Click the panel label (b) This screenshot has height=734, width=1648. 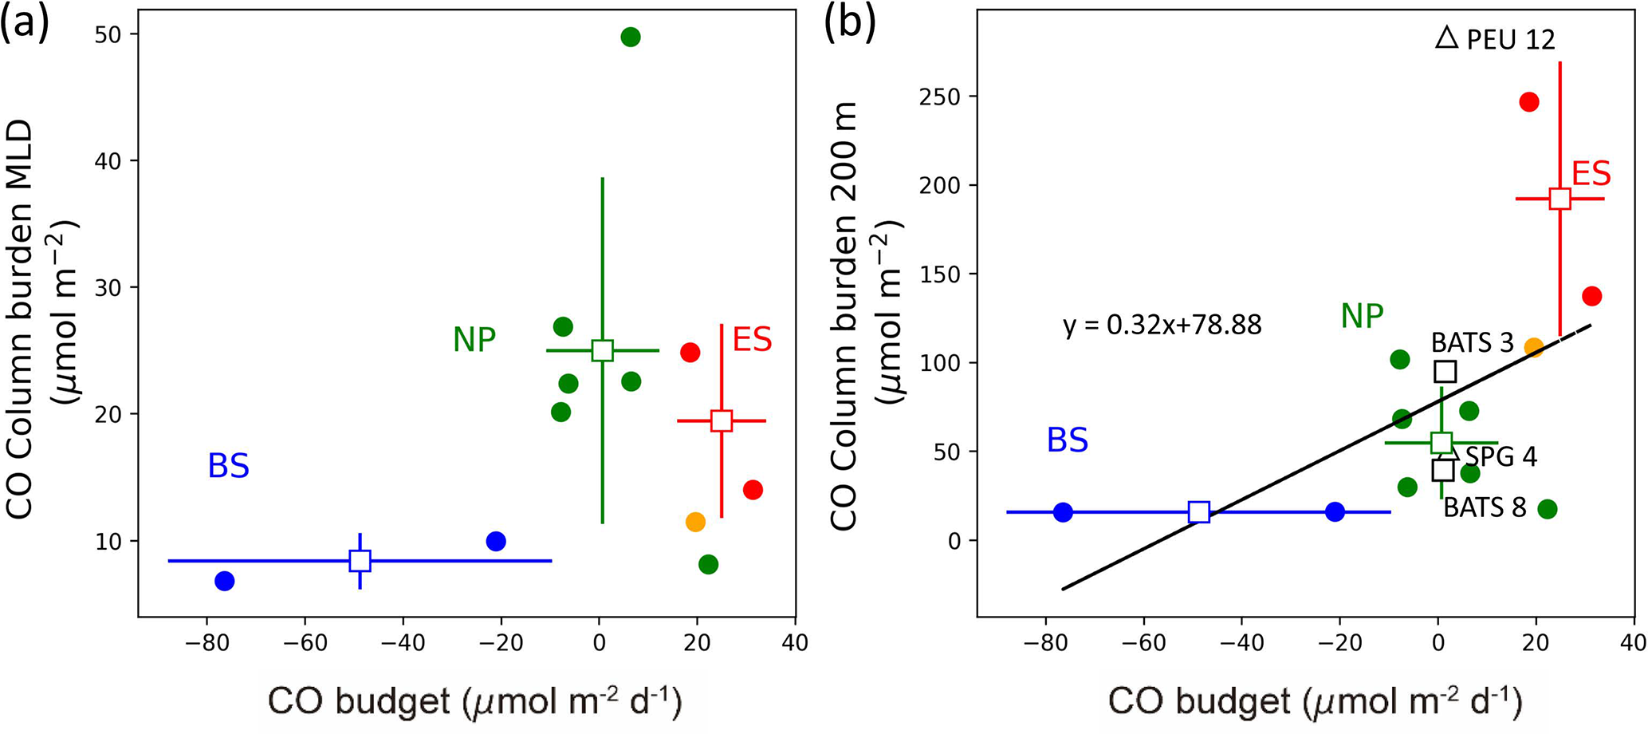coord(850,24)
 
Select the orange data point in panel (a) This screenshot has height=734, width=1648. coord(695,522)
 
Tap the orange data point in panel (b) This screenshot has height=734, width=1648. coord(1534,347)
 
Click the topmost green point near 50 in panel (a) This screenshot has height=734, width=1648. coord(630,37)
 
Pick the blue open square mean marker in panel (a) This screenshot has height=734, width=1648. coord(360,561)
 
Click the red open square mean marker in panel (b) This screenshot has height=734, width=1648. coord(1560,199)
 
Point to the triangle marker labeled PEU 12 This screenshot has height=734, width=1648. coord(1446,37)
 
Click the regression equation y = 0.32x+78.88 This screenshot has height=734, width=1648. coord(1162,326)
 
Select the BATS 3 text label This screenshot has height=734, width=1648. coord(1472,343)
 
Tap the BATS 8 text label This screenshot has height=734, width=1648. coord(1485,507)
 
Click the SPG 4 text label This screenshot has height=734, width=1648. coord(1501,456)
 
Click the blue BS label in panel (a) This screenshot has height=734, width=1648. coord(229,467)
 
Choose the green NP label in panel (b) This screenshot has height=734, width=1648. coord(1362,317)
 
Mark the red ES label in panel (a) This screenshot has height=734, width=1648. coord(752,341)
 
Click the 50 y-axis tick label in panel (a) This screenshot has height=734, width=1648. coord(105,34)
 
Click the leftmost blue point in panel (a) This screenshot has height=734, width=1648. coord(225,581)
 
